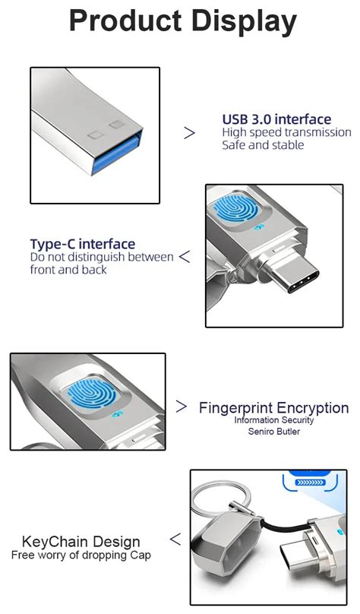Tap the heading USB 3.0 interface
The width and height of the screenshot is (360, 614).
(x=276, y=119)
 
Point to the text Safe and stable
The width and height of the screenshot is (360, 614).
(x=263, y=144)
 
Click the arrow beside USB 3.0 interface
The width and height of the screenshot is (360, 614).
(x=190, y=132)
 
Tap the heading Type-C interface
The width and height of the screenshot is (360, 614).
(x=83, y=244)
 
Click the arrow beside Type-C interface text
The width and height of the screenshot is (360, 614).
(x=185, y=257)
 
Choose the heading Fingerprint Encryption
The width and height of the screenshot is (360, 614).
(x=273, y=408)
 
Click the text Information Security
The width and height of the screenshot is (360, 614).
(x=273, y=420)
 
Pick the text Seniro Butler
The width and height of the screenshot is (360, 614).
(x=273, y=432)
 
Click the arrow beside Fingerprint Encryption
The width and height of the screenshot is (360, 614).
(x=182, y=407)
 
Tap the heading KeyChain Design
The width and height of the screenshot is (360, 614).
(x=81, y=542)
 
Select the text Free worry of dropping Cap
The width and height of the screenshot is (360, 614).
(x=81, y=555)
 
